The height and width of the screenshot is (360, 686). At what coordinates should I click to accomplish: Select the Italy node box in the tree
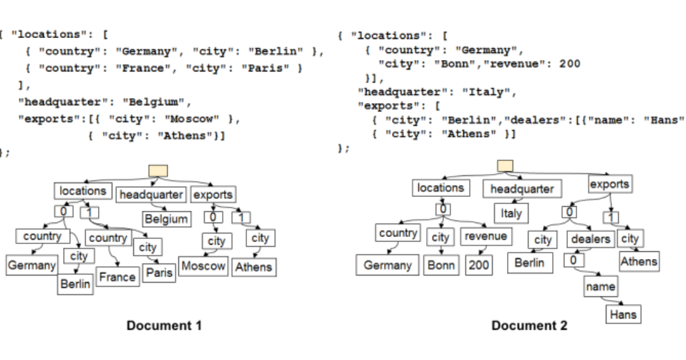coord(512,213)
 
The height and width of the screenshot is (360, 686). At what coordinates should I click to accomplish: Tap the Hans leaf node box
coord(622,313)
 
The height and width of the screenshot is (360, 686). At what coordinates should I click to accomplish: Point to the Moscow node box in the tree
coord(203,266)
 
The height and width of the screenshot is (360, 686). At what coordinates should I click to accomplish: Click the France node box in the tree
coord(116,277)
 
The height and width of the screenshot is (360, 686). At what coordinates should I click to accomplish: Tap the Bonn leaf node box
coord(441,266)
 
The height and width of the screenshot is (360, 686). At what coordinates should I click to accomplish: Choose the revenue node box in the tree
coord(485,235)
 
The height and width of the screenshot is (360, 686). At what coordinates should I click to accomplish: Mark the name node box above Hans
coord(600,286)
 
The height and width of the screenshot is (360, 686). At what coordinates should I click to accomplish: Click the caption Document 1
coord(164,326)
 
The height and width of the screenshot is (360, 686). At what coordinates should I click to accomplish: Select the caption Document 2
coord(529,326)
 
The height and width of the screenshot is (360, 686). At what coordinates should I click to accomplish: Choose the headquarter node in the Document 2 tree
coord(522,189)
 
